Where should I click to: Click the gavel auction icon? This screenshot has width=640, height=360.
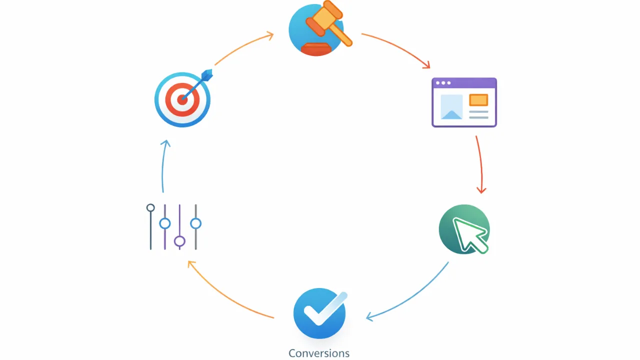tap(320, 28)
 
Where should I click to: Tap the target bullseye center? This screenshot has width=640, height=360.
tap(182, 99)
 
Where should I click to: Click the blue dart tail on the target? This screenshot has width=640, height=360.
tap(207, 75)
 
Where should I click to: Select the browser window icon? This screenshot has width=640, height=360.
tap(464, 102)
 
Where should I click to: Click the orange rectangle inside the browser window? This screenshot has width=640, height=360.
tap(478, 100)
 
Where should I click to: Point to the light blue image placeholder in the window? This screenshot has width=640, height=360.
tap(451, 107)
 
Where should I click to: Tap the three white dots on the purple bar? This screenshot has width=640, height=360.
tap(443, 83)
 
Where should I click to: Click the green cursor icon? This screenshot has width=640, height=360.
tap(464, 229)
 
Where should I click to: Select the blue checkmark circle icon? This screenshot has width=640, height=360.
tap(320, 313)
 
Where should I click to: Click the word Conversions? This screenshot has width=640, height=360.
tap(319, 353)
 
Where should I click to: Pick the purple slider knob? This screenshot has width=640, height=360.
tap(179, 241)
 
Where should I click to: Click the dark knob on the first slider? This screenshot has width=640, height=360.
tap(150, 207)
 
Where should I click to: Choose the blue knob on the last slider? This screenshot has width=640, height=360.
tap(195, 223)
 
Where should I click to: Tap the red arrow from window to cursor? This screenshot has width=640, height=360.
tap(481, 164)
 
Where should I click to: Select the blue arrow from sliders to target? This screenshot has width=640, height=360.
tap(163, 165)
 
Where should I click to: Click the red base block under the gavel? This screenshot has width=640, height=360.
tap(316, 49)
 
